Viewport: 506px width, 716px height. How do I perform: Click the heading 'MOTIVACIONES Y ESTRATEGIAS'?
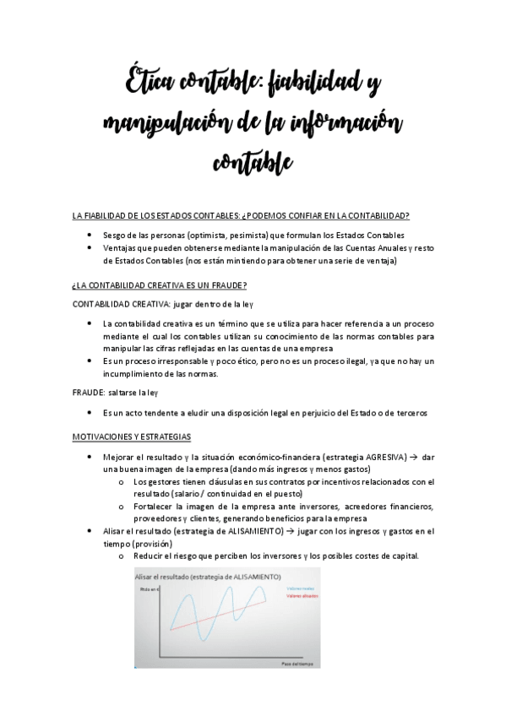click(x=132, y=437)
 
